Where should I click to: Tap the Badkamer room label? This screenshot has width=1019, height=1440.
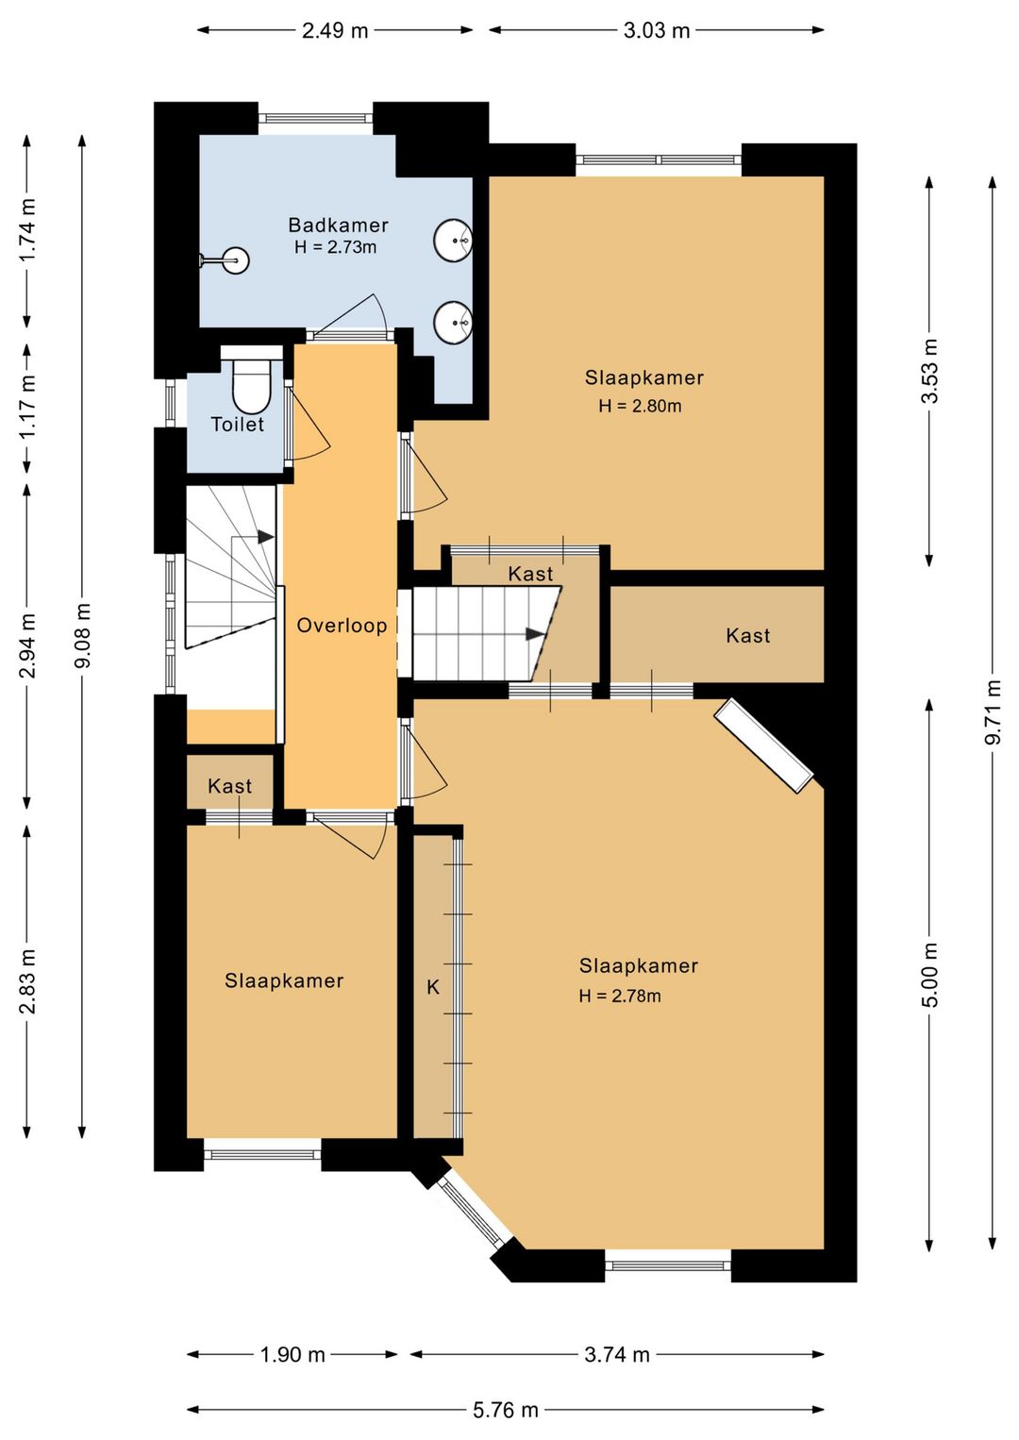point(338,225)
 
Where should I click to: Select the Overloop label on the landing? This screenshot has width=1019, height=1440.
point(342,626)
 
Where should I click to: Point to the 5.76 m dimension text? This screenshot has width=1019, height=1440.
point(506,1410)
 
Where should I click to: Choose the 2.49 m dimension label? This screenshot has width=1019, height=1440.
point(335,30)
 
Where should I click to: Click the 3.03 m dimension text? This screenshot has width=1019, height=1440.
point(657,30)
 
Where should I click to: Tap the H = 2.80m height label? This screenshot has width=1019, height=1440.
point(640,406)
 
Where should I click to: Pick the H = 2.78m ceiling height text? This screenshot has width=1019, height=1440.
point(620,996)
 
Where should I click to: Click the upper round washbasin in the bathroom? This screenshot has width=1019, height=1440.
point(453,241)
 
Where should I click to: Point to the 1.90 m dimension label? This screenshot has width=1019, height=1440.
point(292,1354)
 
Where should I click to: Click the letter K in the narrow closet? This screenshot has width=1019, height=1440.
point(433,987)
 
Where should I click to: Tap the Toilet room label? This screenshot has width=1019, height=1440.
point(238,425)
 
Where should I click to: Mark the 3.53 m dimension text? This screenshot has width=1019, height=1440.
point(929,370)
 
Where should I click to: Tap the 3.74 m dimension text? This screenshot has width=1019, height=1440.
point(617,1354)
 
